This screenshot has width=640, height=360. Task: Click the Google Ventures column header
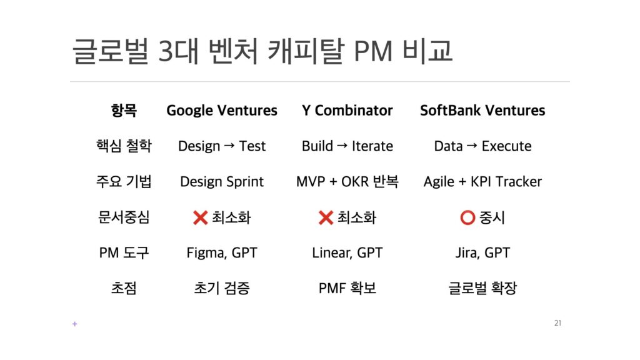(x=222, y=111)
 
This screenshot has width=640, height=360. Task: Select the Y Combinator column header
(x=347, y=110)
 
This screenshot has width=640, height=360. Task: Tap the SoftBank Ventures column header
(x=482, y=110)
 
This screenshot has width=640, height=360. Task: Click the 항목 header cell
(x=124, y=110)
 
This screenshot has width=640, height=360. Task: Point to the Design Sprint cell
(x=222, y=182)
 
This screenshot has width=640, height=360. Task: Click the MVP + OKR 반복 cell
(x=347, y=181)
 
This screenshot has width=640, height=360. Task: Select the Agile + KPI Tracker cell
(x=482, y=182)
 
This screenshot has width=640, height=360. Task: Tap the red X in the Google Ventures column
(x=201, y=217)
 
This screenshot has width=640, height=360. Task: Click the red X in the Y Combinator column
(x=326, y=217)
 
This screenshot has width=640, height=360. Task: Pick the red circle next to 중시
(x=467, y=217)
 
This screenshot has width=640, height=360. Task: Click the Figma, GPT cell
(x=222, y=253)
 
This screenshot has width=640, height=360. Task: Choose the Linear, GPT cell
(x=347, y=253)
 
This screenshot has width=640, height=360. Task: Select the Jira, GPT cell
(x=482, y=253)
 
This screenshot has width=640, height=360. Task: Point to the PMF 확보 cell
(x=347, y=288)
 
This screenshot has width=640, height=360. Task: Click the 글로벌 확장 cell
(x=482, y=288)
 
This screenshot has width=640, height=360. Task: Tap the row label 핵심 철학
(x=124, y=146)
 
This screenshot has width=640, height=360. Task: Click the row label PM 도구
(x=124, y=253)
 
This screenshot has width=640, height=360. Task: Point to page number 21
(x=557, y=323)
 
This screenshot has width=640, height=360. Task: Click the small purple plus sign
(x=75, y=324)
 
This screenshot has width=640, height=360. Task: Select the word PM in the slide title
(x=374, y=51)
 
